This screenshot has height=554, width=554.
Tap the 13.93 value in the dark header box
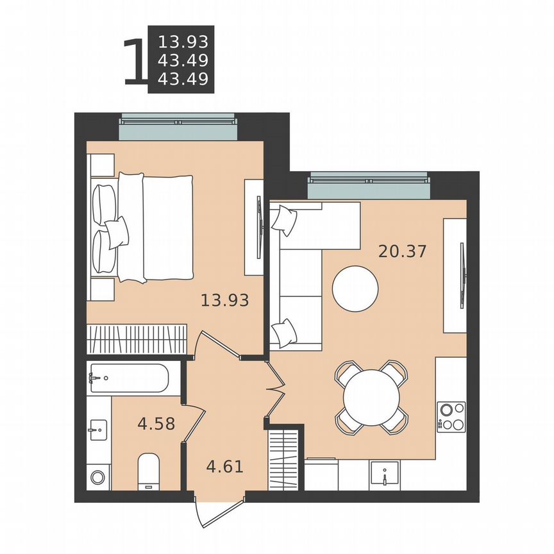pos(183,42)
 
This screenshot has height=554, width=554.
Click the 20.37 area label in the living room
pos(402,251)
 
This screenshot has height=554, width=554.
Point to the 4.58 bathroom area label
pos(157,423)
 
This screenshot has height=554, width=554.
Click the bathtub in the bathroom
pos(128,379)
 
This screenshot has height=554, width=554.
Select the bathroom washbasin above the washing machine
pos(98,428)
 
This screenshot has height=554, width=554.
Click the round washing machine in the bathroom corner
pos(97,478)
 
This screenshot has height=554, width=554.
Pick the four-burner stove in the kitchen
pos(451,415)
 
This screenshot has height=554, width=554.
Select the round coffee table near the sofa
pos(355,289)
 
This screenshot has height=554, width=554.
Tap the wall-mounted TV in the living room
pos(462,276)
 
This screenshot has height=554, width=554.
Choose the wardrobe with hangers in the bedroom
pos(137,339)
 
